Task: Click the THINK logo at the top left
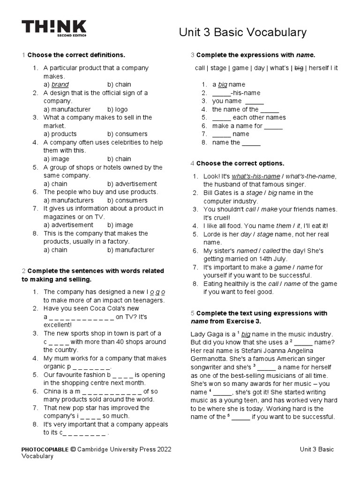(x=54, y=28)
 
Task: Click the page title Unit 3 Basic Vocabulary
(x=243, y=32)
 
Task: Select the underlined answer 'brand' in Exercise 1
(x=60, y=84)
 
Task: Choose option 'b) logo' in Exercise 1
(x=117, y=109)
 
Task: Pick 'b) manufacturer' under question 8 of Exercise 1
(x=130, y=250)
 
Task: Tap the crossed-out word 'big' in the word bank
(x=298, y=68)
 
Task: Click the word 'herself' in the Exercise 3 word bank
(x=319, y=68)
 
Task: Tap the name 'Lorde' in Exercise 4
(x=212, y=234)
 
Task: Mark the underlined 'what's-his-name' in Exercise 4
(x=255, y=176)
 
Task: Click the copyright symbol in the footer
(x=73, y=450)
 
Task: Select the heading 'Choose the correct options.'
(x=240, y=164)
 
